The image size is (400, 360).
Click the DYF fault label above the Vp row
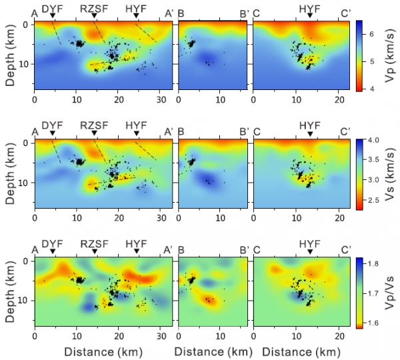click(52, 9)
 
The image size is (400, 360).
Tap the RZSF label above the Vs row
click(95, 125)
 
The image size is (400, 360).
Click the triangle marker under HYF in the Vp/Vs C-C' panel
click(310, 251)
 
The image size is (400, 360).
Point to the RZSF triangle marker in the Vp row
click(95, 15)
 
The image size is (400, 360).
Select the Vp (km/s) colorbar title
click(389, 55)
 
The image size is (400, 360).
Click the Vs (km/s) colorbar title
click(389, 175)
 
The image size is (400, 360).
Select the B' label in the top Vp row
click(245, 14)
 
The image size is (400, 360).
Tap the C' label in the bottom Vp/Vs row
click(345, 249)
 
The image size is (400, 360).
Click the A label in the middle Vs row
click(35, 131)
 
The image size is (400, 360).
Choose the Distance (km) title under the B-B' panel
click(213, 353)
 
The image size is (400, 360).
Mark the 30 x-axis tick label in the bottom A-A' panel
click(161, 335)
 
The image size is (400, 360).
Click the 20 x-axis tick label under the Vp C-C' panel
click(339, 99)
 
